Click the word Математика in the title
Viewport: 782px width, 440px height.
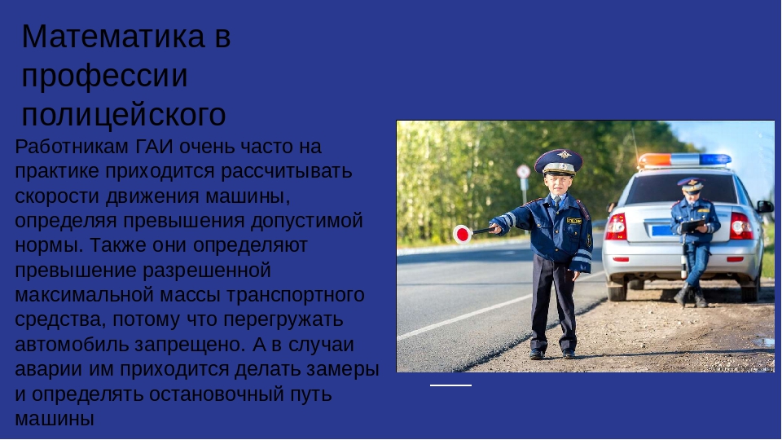click(x=113, y=37)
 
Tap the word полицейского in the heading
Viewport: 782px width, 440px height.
click(x=124, y=115)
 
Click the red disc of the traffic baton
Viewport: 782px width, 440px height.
click(x=463, y=234)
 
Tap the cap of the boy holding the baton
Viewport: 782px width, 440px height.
click(x=559, y=162)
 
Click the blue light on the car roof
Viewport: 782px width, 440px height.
click(x=714, y=160)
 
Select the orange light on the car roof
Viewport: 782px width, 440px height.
click(x=655, y=161)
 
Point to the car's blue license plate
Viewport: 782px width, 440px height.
click(x=661, y=231)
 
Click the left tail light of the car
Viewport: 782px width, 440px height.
click(x=617, y=227)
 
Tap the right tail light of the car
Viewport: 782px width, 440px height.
click(x=741, y=226)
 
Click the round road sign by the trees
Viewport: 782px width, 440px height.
click(x=523, y=172)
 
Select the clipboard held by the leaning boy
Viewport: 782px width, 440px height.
click(x=694, y=226)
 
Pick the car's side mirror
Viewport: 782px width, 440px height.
click(x=765, y=206)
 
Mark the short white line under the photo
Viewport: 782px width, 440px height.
click(x=450, y=385)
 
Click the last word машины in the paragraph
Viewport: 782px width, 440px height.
click(x=55, y=419)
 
